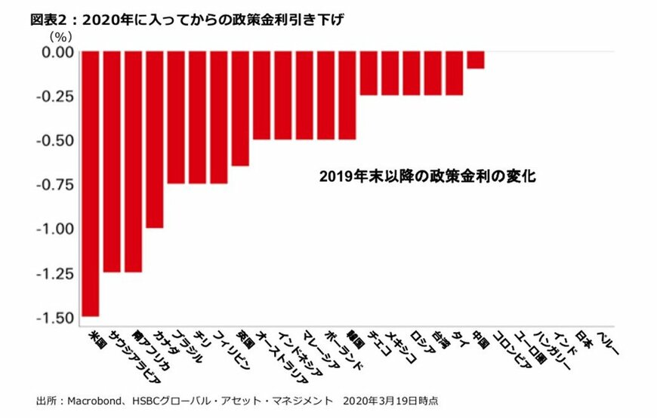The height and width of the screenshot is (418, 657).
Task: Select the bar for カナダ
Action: point(155,140)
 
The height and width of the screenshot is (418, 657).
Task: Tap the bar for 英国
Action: point(240,109)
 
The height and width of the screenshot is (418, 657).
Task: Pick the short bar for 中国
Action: point(475,60)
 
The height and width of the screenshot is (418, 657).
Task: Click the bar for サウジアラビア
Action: point(112,161)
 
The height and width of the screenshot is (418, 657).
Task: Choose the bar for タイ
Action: point(454,73)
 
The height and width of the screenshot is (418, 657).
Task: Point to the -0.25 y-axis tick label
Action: point(54,96)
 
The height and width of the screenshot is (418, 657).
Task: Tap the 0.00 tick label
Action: point(57,52)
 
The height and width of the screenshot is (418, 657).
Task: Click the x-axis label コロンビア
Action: point(510,348)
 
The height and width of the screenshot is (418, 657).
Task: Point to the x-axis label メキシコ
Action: point(400,346)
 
